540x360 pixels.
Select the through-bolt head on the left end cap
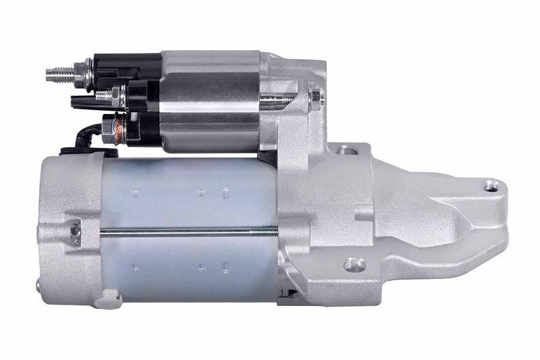point(74,232)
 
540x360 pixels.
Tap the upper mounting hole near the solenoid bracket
point(348,150)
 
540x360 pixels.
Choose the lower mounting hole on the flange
point(354,265)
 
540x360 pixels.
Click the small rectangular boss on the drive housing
point(363,213)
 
